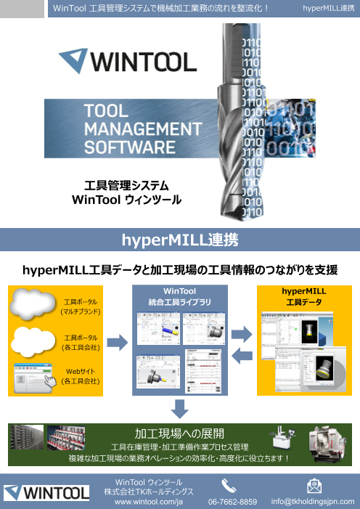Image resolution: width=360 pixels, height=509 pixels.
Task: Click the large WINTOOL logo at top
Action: (x=126, y=60)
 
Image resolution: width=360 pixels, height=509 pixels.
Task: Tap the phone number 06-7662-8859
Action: (x=232, y=502)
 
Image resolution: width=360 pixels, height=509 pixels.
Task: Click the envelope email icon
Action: (x=314, y=484)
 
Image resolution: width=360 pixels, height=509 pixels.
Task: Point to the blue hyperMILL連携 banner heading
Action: (x=180, y=240)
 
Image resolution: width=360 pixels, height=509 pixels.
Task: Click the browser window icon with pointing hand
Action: (x=34, y=378)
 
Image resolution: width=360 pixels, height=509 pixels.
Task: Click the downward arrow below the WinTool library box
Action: (x=180, y=407)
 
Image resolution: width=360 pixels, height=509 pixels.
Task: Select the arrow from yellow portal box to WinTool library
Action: (x=116, y=343)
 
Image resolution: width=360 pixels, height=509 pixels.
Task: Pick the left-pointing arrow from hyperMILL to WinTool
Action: (x=242, y=354)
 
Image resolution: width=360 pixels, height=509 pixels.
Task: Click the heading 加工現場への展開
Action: (x=179, y=434)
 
